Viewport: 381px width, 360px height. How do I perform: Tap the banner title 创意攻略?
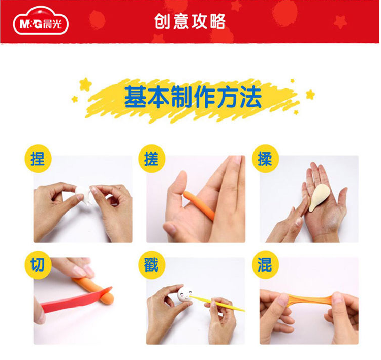click(190, 21)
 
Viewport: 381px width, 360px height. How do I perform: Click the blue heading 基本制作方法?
click(193, 97)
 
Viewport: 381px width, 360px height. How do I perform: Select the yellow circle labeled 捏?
click(38, 159)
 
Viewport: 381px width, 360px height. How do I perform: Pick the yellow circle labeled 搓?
click(151, 159)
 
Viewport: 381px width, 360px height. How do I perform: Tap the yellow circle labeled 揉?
click(265, 159)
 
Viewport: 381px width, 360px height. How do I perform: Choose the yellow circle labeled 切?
click(38, 265)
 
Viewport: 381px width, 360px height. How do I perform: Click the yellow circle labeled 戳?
click(151, 265)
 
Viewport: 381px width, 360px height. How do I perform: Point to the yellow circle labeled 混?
click(265, 265)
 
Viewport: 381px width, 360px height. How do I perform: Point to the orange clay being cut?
click(95, 291)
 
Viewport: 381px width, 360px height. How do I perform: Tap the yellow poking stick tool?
click(217, 303)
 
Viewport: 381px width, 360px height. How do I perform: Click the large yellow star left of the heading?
click(85, 84)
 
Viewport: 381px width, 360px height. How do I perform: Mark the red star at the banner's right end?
click(340, 21)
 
